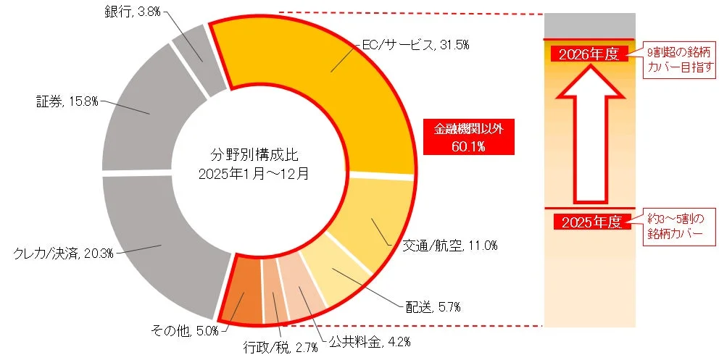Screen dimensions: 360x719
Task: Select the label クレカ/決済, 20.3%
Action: tap(63, 252)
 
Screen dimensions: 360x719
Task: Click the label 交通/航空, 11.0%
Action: tap(449, 246)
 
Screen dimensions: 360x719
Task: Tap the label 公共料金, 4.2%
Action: tap(359, 339)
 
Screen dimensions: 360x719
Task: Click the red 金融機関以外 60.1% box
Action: tap(468, 137)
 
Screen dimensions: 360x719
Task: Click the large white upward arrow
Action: tap(589, 138)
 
